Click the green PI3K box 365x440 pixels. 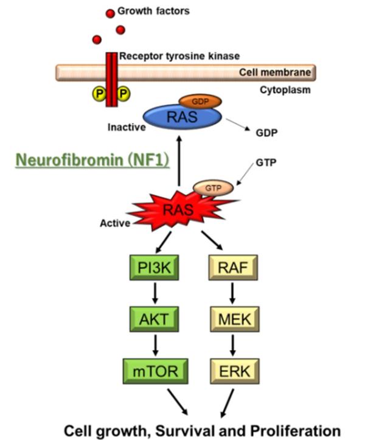pyautogui.click(x=154, y=267)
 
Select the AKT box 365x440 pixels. pyautogui.click(x=154, y=319)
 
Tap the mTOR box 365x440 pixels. pyautogui.click(x=155, y=371)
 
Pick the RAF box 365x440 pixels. pyautogui.click(x=233, y=267)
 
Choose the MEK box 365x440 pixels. pyautogui.click(x=235, y=319)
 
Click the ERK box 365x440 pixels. pyautogui.click(x=235, y=371)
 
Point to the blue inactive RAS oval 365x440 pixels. pyautogui.click(x=182, y=117)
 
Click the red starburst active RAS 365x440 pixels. pyautogui.click(x=179, y=211)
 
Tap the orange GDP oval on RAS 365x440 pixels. pyautogui.click(x=200, y=102)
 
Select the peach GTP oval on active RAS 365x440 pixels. pyautogui.click(x=213, y=187)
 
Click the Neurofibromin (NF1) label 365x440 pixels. pyautogui.click(x=92, y=160)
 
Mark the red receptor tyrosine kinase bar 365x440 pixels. pyautogui.click(x=112, y=79)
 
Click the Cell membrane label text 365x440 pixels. pyautogui.click(x=275, y=72)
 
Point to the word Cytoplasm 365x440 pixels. pyautogui.click(x=285, y=90)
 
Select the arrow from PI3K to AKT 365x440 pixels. pyautogui.click(x=155, y=293)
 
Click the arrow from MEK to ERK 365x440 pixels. pyautogui.click(x=232, y=345)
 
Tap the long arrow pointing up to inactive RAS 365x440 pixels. pyautogui.click(x=179, y=161)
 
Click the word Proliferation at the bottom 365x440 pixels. pyautogui.click(x=296, y=430)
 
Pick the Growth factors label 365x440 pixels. pyautogui.click(x=153, y=11)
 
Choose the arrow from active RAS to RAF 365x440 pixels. pyautogui.click(x=212, y=240)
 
